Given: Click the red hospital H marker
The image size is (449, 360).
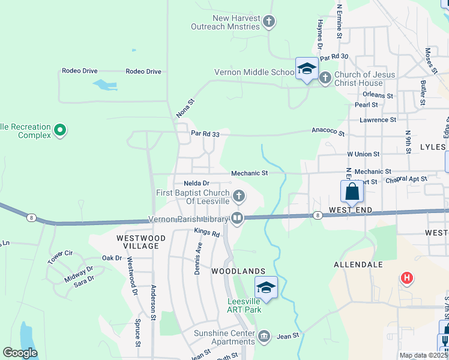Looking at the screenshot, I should (407, 278).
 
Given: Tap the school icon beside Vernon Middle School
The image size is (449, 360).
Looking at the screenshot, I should (306, 69).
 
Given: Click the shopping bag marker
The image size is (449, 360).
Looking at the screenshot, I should (352, 192).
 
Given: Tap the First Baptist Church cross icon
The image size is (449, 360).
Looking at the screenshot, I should (239, 196).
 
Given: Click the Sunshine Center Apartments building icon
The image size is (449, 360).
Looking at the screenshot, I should (264, 334).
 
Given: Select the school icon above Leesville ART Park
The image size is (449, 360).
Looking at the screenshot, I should (266, 287).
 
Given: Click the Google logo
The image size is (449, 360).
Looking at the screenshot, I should (20, 353).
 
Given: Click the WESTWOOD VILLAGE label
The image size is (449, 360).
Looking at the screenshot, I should (140, 242).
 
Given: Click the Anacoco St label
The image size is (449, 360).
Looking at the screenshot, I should (328, 131).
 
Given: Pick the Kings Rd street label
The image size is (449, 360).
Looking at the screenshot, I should (207, 232).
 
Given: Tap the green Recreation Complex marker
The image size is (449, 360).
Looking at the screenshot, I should (59, 130).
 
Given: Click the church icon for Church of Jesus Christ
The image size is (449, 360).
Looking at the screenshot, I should (325, 78).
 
